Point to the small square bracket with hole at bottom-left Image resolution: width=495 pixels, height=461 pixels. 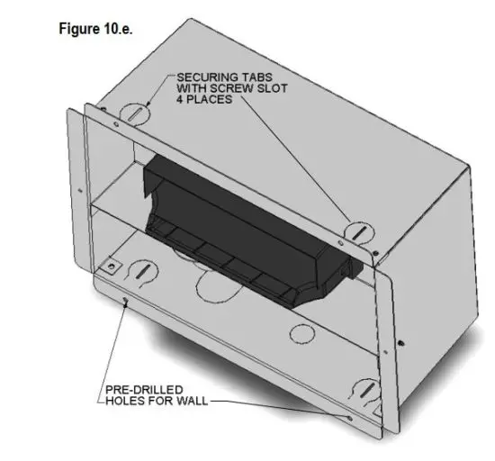[x=112, y=267]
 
